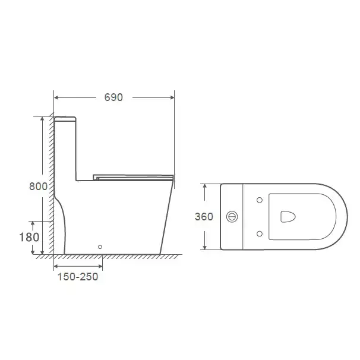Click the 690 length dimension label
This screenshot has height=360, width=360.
tap(113, 97)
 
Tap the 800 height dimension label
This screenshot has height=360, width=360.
tap(39, 186)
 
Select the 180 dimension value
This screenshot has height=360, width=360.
tap(29, 237)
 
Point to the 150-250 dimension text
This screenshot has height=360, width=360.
tap(78, 277)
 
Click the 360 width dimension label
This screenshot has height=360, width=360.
tap(204, 216)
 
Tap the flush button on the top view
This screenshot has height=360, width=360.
tap(232, 216)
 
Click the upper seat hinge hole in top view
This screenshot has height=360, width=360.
tap(260, 200)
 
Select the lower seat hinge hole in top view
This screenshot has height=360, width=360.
tap(260, 233)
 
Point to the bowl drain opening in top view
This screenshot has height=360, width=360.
tap(288, 216)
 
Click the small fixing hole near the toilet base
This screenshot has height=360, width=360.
tap(100, 247)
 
